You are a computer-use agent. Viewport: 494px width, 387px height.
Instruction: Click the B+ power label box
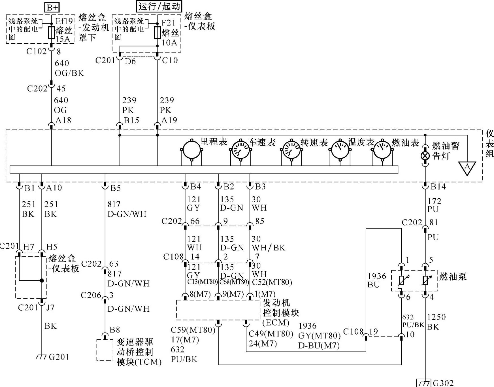tap(52, 7)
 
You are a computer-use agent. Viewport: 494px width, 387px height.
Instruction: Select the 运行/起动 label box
tap(159, 6)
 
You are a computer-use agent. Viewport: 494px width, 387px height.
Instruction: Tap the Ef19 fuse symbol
tap(51, 33)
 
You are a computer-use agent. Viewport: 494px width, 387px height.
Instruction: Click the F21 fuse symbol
tap(157, 33)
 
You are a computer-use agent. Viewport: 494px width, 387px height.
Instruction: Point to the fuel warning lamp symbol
tap(425, 156)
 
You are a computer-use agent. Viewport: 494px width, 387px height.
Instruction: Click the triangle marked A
tap(467, 168)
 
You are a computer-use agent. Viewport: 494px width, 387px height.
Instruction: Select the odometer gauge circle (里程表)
tap(192, 150)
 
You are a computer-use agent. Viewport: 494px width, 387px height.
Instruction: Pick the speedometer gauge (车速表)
tap(240, 150)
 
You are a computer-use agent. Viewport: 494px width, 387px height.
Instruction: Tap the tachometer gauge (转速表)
tap(291, 150)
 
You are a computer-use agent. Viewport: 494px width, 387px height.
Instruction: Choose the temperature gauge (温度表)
tap(340, 150)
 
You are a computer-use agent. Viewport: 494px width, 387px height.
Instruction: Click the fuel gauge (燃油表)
tap(382, 150)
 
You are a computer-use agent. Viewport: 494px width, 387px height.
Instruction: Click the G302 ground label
tap(443, 383)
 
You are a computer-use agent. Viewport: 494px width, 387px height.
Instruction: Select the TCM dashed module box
tap(105, 350)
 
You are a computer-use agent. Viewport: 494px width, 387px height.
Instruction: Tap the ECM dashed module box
tap(218, 310)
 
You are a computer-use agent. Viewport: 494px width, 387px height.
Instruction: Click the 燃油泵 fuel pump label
tap(453, 277)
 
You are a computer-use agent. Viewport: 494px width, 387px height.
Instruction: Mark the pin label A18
tap(63, 120)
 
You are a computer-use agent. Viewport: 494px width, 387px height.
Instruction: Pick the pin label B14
tap(438, 186)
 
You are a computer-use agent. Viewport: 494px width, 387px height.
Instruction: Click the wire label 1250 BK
tap(436, 322)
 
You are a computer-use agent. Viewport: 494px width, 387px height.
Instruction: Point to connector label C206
tap(91, 295)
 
